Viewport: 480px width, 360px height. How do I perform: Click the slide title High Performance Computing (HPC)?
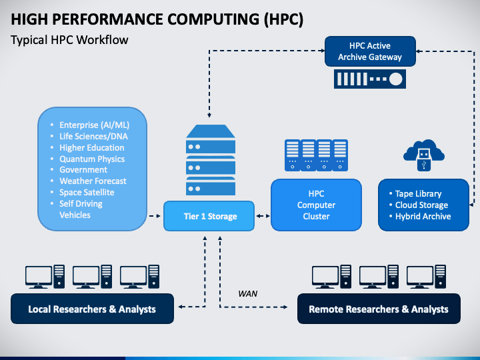pos(157,19)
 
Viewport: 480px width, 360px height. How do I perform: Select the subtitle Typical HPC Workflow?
pos(69,40)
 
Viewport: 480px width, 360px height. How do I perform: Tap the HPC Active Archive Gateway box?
pos(370,51)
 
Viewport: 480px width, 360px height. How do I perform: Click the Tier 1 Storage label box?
pos(210,216)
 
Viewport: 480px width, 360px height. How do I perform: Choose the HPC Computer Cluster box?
pos(316,205)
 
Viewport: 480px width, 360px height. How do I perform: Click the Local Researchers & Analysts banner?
pos(92,309)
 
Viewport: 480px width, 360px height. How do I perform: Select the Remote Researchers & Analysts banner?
pos(379,309)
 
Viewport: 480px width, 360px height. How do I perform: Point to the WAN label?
pos(247,293)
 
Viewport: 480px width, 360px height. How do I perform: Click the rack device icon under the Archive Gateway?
pos(370,79)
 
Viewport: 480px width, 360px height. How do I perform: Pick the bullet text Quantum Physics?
pos(92,159)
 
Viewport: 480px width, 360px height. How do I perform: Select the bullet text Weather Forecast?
pos(93,181)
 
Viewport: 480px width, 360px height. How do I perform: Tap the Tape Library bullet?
pos(418,194)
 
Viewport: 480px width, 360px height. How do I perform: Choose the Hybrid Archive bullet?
pos(423,216)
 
